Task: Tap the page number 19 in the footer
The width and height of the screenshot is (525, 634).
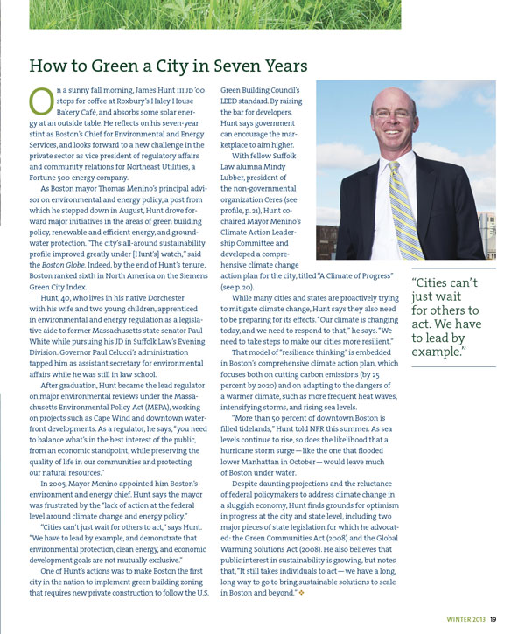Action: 494,622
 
